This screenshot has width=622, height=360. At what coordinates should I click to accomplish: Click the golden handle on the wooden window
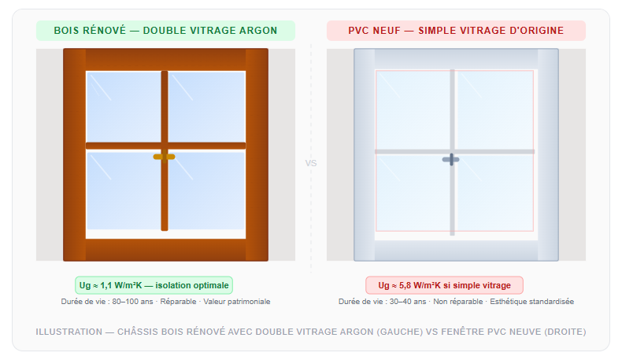pos(165,157)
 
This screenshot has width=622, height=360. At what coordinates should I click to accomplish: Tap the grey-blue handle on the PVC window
pos(450,160)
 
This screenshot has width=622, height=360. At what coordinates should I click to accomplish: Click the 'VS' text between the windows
pos(311,163)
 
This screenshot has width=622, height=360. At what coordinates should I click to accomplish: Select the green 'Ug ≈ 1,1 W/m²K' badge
pos(154,285)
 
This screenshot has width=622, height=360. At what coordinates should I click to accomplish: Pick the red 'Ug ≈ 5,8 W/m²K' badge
pos(444,285)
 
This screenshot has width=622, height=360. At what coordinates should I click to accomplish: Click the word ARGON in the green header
pos(258,31)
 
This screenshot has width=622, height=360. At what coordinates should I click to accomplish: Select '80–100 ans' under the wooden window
pos(132,302)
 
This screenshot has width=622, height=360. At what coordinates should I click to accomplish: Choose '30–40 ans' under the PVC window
pos(408,302)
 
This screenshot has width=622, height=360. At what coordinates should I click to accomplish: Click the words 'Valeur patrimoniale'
pos(237,302)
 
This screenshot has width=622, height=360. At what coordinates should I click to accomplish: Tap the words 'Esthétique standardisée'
pos(532,302)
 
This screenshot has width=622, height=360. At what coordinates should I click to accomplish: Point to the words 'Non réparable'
pos(457,302)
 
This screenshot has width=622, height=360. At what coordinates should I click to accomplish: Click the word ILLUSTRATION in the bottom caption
pos(69,332)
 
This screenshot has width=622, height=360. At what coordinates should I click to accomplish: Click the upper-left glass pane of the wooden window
pos(124,106)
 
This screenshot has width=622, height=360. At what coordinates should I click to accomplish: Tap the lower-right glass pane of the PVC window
pos(494,192)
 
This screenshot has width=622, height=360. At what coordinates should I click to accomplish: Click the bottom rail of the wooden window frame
pos(166,250)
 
